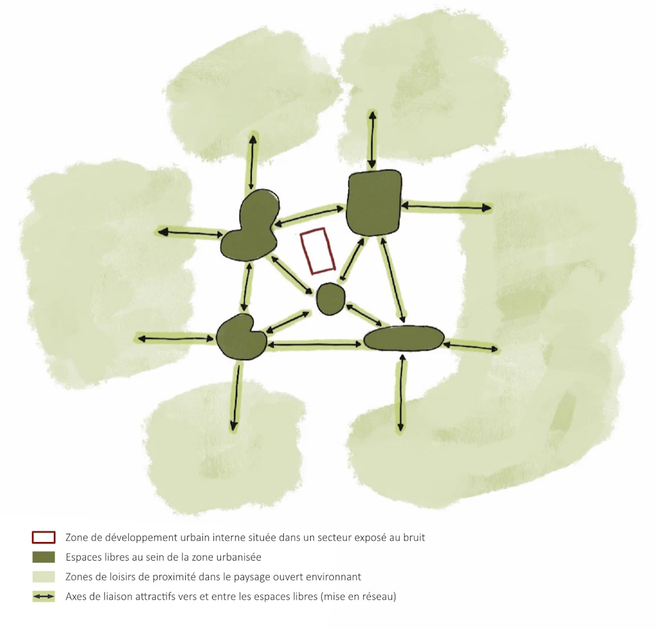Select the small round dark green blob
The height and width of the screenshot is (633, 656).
pos(331,299)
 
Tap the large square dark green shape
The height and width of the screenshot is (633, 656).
pos(373,202)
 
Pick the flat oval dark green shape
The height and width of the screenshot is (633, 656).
pos(404,338)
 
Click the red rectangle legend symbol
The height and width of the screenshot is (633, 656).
pos(44,537)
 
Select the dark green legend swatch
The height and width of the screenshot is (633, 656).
pos(44,557)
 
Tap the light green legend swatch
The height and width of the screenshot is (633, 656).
pos(44,577)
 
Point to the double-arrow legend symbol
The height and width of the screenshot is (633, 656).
pos(44,596)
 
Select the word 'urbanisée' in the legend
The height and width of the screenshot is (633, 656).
pos(241,557)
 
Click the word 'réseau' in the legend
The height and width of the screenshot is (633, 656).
pos(379,596)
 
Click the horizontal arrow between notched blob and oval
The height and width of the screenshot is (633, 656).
pos(315,345)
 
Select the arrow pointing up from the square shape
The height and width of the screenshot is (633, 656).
pos(372,140)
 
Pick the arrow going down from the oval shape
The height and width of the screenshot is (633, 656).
pos(402,393)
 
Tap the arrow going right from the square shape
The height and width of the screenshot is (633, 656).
pos(447,206)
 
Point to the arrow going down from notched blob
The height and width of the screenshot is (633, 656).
pos(236,396)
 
